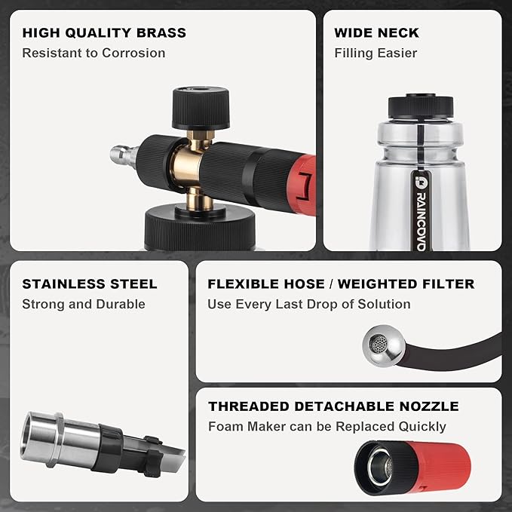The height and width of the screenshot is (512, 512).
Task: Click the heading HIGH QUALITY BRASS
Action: coord(104,33)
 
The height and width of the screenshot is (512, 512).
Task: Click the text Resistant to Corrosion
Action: coord(94,54)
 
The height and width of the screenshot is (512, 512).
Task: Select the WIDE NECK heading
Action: coord(376,33)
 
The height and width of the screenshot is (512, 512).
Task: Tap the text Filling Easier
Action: coord(376,54)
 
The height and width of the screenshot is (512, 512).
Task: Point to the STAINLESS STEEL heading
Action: coord(90,284)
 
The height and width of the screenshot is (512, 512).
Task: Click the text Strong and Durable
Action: coord(84,305)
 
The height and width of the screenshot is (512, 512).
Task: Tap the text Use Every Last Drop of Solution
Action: coord(309,305)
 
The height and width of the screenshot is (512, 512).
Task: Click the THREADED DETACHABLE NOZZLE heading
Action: coord(333,406)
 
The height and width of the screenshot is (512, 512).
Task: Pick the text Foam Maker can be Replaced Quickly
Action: coord(327,427)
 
